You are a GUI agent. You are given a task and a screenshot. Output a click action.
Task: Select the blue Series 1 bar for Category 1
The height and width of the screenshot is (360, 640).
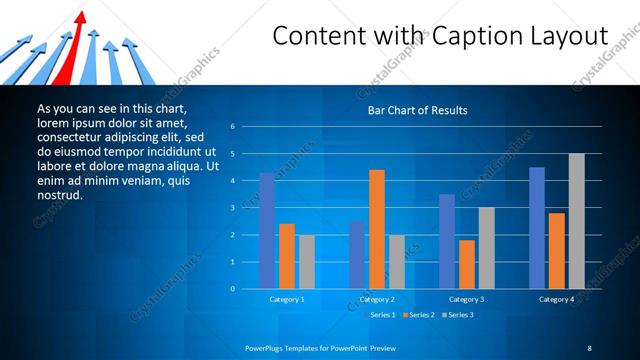pos(267,231)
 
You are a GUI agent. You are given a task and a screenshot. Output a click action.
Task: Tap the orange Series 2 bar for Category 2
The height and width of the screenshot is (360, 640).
pos(377,229)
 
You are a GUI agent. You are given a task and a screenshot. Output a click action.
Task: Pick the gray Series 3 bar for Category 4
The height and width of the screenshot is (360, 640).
pos(576,221)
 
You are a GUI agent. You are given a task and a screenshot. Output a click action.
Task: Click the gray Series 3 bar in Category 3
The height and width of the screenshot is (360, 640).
pos(486,248)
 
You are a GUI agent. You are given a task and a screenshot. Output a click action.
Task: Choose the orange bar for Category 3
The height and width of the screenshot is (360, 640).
pos(466,264)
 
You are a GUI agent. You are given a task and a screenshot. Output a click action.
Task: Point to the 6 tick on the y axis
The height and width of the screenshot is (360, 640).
pos(232,127)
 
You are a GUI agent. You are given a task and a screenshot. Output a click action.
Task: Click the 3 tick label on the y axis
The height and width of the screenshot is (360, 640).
pos(232,208)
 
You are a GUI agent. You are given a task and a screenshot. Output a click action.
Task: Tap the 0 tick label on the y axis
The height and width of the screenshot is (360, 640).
pos(232,289)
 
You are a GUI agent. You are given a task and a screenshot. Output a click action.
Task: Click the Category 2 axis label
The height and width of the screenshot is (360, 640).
pos(377,299)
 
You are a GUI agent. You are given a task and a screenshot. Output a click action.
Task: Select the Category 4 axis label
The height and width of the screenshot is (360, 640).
pos(556,299)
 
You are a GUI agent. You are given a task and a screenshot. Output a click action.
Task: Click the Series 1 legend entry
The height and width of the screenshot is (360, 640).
pos(381,315)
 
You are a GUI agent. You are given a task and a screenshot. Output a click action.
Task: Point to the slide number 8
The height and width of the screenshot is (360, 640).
pos(589,347)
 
